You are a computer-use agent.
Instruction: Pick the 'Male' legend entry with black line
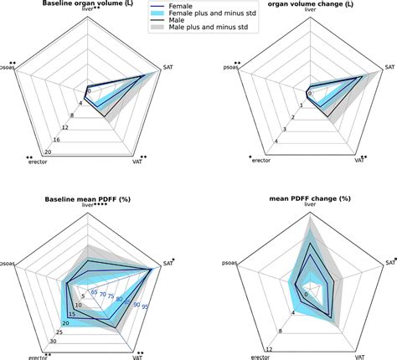pyautogui.click(x=178, y=23)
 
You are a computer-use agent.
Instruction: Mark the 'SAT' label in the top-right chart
pyautogui.click(x=389, y=64)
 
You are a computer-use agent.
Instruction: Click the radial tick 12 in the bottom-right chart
pyautogui.click(x=268, y=347)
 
